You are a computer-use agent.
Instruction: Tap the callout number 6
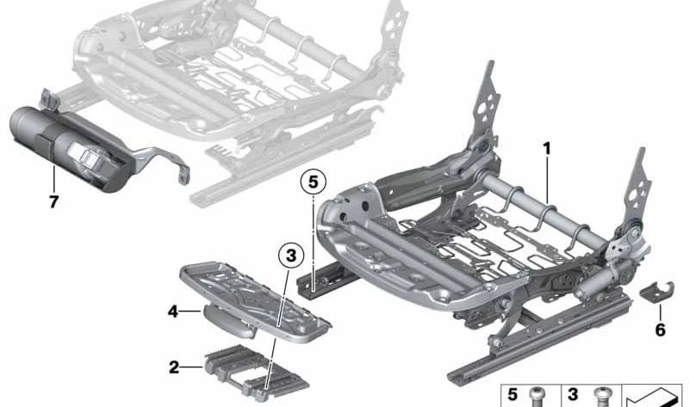[660, 330]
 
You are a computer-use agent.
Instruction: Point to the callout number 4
[172, 313]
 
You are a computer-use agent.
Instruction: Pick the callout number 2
[174, 367]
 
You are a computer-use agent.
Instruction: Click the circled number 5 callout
[314, 182]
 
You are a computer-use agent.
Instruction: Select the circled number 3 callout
[292, 255]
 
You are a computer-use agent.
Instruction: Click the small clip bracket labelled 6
[658, 293]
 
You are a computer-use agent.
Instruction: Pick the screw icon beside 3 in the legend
[599, 397]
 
